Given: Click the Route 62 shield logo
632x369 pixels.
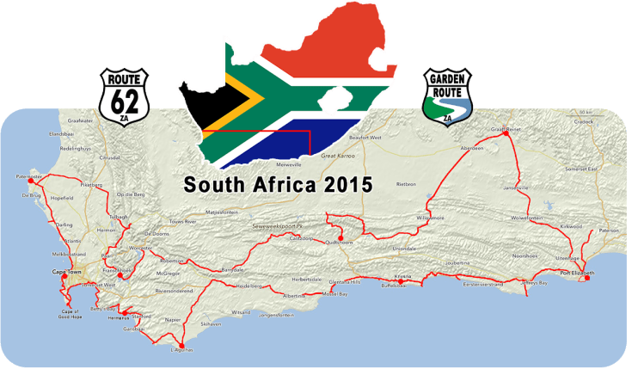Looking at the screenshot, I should click(126, 95).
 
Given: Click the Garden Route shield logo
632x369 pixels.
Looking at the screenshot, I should click(448, 95).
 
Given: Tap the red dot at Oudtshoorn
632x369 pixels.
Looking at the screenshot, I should click(341, 238).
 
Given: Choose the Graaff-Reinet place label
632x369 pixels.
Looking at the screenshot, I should click(506, 130).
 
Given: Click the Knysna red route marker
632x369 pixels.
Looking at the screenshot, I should click(400, 281).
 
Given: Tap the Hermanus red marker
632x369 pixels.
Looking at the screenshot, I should click(122, 312).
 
